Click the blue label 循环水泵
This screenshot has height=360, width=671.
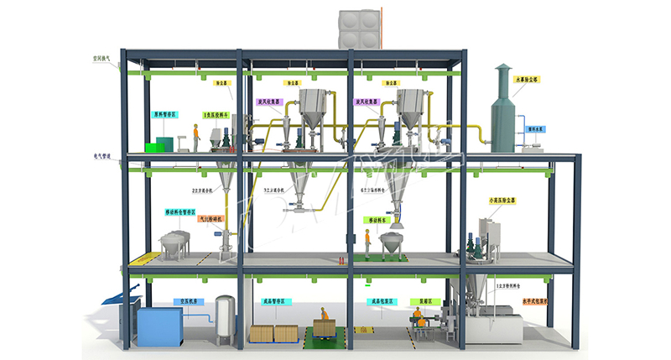pos(536,129)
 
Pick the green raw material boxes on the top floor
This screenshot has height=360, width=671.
pos(157,145)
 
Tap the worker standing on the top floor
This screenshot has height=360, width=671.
pos(196,138)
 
